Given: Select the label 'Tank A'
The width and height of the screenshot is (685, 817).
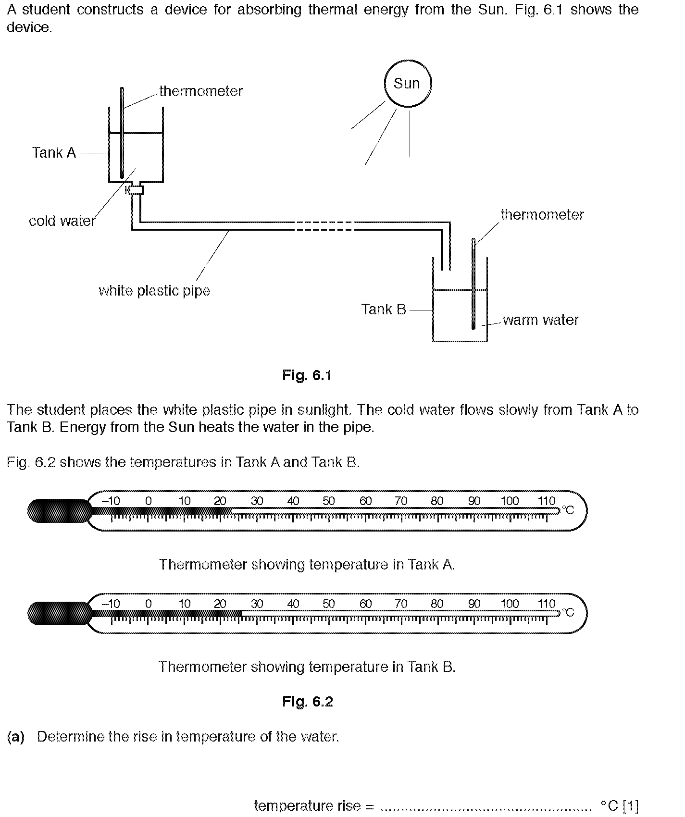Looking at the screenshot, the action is (x=54, y=153).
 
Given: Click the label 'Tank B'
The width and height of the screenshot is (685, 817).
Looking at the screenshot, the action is (x=384, y=309).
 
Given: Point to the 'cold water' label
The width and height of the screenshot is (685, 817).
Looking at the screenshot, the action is (x=62, y=221).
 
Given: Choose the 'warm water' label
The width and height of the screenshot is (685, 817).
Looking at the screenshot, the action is (x=541, y=320).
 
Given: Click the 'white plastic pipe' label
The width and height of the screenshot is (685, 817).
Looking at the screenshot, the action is (x=154, y=291).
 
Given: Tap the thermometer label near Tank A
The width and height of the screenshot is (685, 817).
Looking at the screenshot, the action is (x=201, y=91).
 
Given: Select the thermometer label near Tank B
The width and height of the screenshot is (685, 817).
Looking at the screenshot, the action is (x=542, y=214).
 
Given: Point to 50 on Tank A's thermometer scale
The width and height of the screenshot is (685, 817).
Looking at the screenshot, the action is (x=329, y=501).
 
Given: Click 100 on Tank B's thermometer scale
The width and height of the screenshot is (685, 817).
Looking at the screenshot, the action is (x=510, y=604).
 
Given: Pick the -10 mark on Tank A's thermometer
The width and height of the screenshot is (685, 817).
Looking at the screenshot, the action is (x=111, y=501).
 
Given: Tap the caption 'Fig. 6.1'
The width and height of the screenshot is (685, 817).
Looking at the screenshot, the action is (x=307, y=375).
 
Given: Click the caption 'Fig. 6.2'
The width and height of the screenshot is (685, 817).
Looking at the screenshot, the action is (x=308, y=702).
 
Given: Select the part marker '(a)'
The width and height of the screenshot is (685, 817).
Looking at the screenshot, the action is (x=16, y=737).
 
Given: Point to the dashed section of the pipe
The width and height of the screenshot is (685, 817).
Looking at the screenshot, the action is (x=324, y=226).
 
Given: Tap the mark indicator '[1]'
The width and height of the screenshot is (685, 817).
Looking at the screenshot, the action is (x=630, y=805).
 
